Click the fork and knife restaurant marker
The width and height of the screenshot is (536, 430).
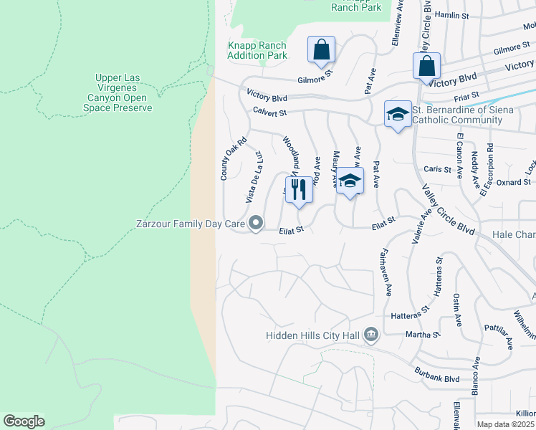coord(299,190)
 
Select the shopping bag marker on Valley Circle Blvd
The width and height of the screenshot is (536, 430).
coord(426,66)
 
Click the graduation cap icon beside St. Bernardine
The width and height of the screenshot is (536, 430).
coord(398,114)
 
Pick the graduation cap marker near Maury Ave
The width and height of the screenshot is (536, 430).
coord(350,181)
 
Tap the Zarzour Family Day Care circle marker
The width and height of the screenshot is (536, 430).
coord(256,224)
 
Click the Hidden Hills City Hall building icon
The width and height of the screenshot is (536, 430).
coord(371,334)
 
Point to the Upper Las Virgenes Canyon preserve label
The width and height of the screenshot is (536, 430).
coord(124,92)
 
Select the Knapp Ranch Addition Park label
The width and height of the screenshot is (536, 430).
coord(257,50)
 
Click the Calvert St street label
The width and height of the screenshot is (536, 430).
coord(269,112)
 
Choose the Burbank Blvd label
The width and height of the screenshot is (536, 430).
coord(436,373)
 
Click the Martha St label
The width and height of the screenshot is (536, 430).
coord(425,335)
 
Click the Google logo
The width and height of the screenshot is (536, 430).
coord(24,421)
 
